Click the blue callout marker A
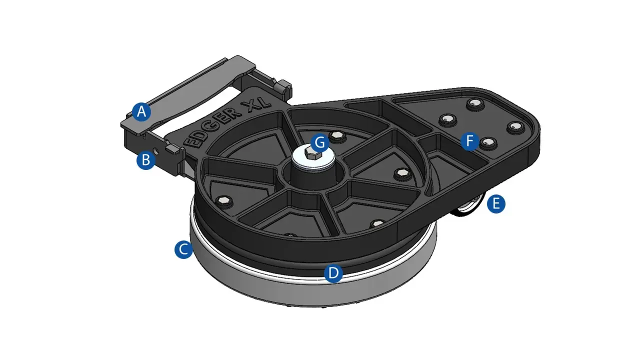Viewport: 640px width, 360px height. click(x=141, y=112)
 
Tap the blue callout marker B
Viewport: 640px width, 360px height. click(x=145, y=160)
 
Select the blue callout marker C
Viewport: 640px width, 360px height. click(x=183, y=249)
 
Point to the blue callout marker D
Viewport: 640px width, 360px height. click(x=333, y=273)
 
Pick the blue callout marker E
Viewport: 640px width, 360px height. click(x=495, y=204)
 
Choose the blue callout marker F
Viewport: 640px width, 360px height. click(x=469, y=141)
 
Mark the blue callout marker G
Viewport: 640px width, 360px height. click(x=319, y=143)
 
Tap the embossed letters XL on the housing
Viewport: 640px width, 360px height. click(x=256, y=102)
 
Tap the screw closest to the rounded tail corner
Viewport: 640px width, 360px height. click(x=513, y=126)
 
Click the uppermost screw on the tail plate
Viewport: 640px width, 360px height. click(x=473, y=104)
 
